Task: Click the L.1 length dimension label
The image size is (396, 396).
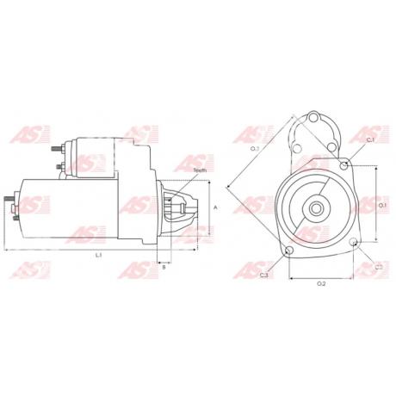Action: pos(98,256)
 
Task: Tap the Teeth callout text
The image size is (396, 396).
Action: pos(200,171)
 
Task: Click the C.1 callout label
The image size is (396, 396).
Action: pos(370,139)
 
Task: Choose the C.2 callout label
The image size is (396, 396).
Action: pos(379,267)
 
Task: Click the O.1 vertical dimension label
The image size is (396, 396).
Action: pos(384,207)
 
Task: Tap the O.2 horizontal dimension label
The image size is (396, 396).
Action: pos(320,283)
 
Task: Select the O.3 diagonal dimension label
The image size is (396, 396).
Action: pos(255,149)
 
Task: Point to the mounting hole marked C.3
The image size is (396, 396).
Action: pos(288,251)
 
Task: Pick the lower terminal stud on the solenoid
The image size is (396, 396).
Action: pos(59,166)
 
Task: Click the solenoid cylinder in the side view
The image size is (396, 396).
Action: pos(90,155)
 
